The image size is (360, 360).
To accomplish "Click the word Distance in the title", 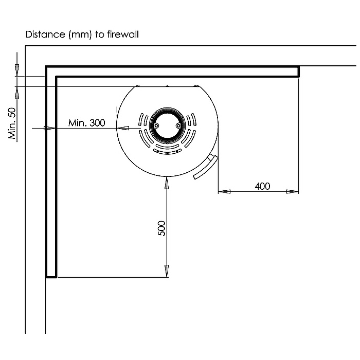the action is (x=45, y=34).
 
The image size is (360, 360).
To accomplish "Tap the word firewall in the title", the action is (x=123, y=34).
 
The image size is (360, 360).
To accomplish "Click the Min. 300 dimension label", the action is (x=87, y=123).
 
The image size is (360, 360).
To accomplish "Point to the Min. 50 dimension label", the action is (x=12, y=123).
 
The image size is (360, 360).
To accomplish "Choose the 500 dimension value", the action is (x=161, y=228).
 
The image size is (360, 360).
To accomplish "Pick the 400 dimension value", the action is (x=262, y=186).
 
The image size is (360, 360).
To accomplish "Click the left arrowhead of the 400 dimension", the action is (x=224, y=191).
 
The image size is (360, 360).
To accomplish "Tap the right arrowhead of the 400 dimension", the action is (x=293, y=191).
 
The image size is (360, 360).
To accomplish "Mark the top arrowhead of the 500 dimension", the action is (x=167, y=183).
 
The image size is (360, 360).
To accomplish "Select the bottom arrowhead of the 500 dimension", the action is (x=167, y=271).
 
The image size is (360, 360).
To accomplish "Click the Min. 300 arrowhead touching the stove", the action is (x=123, y=128).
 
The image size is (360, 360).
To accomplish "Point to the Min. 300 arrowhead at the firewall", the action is (x=49, y=128).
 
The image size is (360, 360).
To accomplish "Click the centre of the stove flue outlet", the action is (x=167, y=125).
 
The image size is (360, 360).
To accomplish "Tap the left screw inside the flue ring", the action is (x=156, y=125).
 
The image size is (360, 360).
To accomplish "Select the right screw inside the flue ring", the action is (x=178, y=125).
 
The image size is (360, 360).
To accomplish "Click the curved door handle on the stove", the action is (x=206, y=168).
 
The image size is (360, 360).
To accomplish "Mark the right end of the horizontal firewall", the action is (x=298, y=71).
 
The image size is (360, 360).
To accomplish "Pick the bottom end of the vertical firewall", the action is (x=51, y=277).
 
